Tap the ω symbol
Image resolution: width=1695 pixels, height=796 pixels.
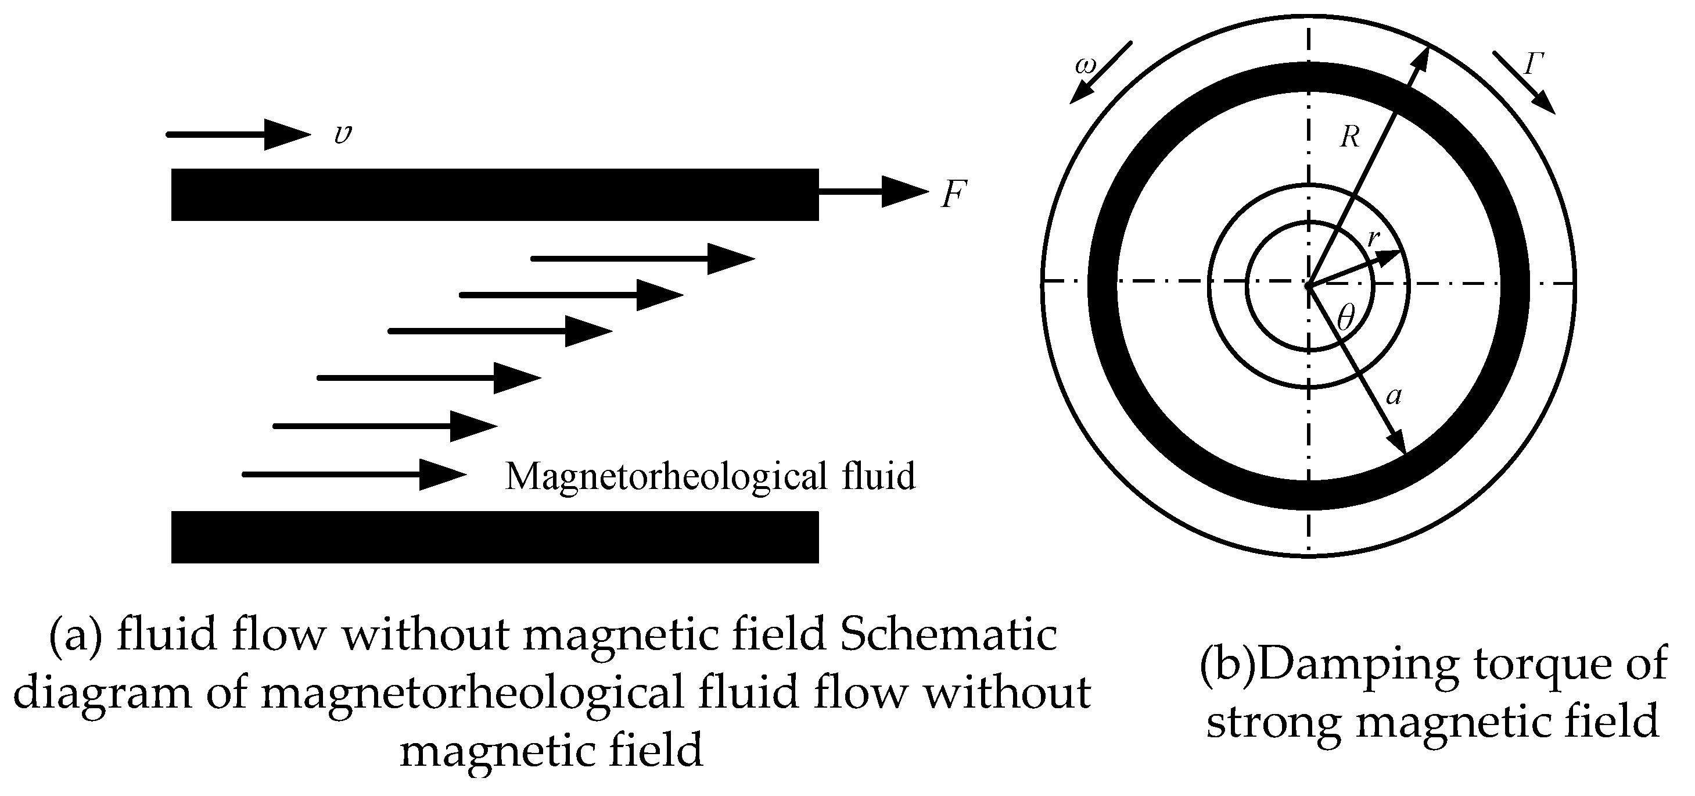(1085, 66)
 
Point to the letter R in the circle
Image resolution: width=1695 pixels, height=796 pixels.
(1349, 137)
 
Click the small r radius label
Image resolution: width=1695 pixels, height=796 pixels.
(1373, 238)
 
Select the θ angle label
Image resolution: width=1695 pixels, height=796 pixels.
(1346, 319)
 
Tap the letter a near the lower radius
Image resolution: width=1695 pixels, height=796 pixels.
(1394, 396)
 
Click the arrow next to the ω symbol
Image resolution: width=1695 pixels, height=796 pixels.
(1101, 73)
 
